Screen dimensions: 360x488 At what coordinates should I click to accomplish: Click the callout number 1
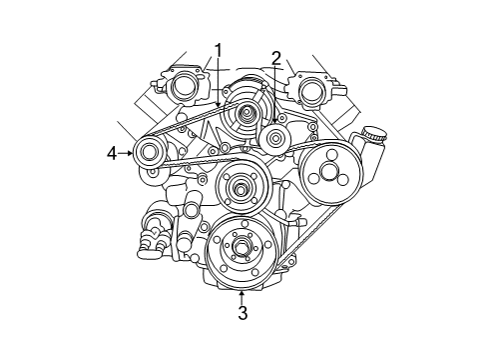point(217,49)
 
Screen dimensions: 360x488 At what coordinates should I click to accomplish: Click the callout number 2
point(275,58)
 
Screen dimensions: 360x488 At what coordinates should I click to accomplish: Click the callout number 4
point(113,153)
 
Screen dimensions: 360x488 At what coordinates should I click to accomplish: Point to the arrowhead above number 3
point(241,293)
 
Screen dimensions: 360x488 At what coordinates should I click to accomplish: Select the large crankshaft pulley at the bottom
point(241,251)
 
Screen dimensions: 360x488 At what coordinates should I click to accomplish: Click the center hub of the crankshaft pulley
point(241,247)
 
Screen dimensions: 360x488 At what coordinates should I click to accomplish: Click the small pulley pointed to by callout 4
point(151,153)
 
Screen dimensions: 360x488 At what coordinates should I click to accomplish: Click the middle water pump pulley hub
point(241,186)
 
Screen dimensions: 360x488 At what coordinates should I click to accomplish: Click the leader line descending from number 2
point(274,95)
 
